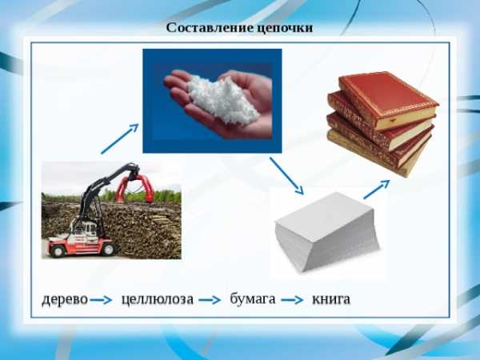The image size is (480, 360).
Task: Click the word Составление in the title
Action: click(x=210, y=27)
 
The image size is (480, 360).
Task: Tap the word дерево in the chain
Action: click(x=65, y=299)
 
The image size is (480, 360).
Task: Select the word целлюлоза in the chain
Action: click(x=158, y=299)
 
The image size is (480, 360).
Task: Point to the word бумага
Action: click(x=253, y=298)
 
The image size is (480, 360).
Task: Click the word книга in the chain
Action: click(x=331, y=299)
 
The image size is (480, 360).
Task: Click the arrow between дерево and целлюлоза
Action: click(x=101, y=300)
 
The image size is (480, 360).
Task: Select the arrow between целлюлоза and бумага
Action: click(x=210, y=300)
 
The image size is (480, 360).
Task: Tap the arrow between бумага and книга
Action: click(x=292, y=300)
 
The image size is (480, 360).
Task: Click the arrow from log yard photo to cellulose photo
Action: click(x=120, y=138)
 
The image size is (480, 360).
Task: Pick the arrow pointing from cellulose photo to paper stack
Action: click(x=286, y=176)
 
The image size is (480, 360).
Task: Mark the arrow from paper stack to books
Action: click(x=377, y=190)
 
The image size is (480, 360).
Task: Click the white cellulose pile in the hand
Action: click(x=222, y=100)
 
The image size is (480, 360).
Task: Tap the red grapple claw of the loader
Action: click(x=135, y=187)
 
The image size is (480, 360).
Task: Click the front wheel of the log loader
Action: click(x=58, y=250)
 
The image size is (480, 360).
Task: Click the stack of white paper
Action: click(x=326, y=232)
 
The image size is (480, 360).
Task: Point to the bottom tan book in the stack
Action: click(x=374, y=154)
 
